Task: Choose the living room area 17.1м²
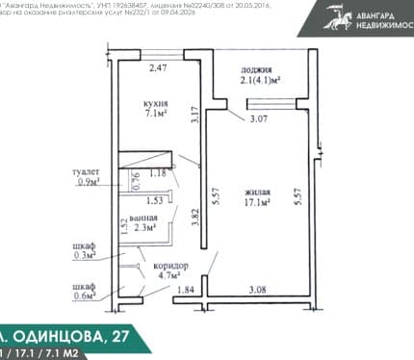coord(257,205)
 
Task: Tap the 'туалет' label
coord(86,171)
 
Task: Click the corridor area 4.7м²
coord(170,278)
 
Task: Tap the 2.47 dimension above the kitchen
coord(157,67)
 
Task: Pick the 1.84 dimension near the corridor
coord(187,290)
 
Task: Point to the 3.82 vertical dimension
coord(195,218)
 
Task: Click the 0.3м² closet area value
coord(84,255)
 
